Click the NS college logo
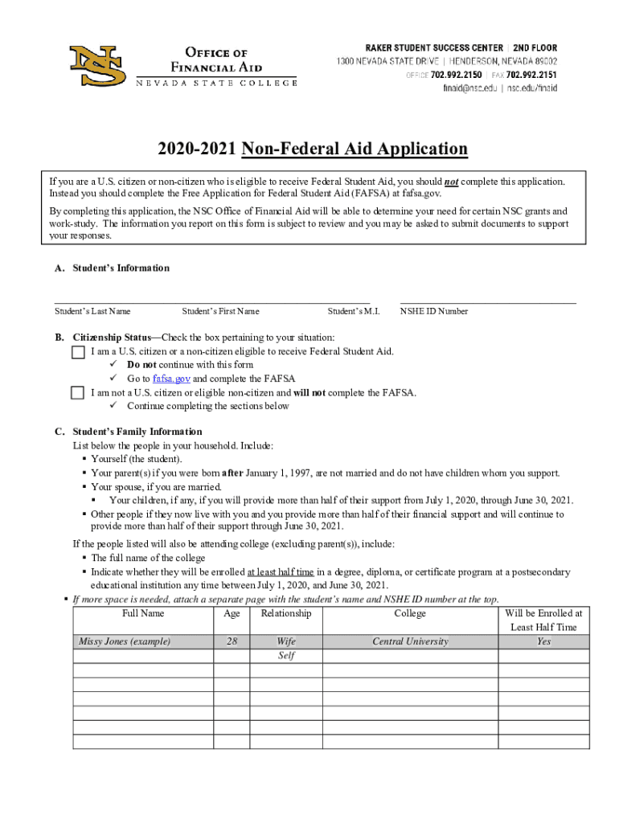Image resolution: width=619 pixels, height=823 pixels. coord(97,65)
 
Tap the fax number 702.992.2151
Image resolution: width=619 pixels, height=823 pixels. coord(531,75)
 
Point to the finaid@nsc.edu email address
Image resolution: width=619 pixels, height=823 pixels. coord(465,88)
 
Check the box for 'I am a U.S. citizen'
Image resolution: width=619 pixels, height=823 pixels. coord(78,352)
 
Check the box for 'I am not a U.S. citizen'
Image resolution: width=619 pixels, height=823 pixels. coord(78,393)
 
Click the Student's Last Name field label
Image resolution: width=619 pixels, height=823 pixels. coord(92,311)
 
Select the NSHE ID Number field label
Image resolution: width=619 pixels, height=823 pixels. coord(434,311)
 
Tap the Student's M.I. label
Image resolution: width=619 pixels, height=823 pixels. coord(353,311)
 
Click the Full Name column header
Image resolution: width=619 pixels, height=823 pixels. coord(143,614)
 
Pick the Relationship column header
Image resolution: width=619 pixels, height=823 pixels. coord(285,614)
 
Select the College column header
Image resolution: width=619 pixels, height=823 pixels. coord(410,614)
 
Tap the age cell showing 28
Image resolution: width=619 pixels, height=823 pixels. coord(232,641)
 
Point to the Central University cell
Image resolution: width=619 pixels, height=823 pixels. coord(410,641)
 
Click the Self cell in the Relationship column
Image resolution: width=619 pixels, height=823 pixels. coord(285,656)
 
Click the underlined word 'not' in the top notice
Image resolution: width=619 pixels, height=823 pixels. coord(452,182)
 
